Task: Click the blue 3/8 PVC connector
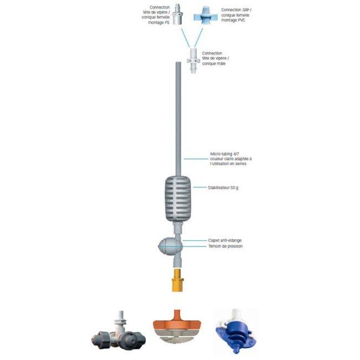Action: pyautogui.click(x=202, y=16)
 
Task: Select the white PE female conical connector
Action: pyautogui.click(x=177, y=14)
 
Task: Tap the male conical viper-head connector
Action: pyautogui.click(x=193, y=60)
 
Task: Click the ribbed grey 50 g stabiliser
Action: pyautogui.click(x=178, y=199)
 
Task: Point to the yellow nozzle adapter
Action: pyautogui.click(x=177, y=280)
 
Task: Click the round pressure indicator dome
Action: pyautogui.click(x=168, y=246)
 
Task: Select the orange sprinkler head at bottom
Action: pyautogui.click(x=177, y=326)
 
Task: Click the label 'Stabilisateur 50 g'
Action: pyautogui.click(x=223, y=188)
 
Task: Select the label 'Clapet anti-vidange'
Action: pyautogui.click(x=225, y=240)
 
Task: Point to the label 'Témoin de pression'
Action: pyautogui.click(x=225, y=246)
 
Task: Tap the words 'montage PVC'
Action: pyautogui.click(x=233, y=20)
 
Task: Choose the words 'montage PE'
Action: pyautogui.click(x=159, y=23)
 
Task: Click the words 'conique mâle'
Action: pyautogui.click(x=214, y=64)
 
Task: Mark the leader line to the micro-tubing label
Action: pyautogui.click(x=196, y=159)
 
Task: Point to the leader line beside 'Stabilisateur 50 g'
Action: pyautogui.click(x=200, y=187)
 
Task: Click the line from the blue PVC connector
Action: pyautogui.click(x=199, y=38)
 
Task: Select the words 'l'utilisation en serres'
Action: pyautogui.click(x=228, y=164)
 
